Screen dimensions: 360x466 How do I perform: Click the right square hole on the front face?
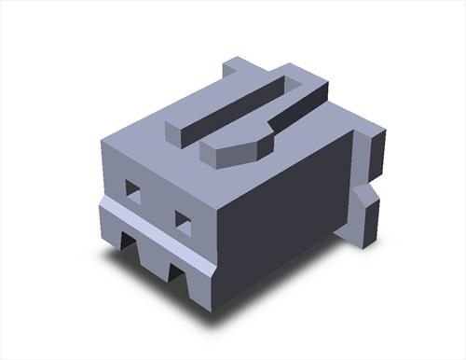(183, 221)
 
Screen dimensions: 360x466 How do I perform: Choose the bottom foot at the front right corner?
(201, 284)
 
